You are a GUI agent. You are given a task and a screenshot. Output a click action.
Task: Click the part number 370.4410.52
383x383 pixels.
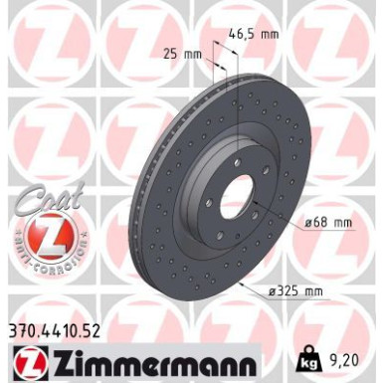[x=66, y=324]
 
